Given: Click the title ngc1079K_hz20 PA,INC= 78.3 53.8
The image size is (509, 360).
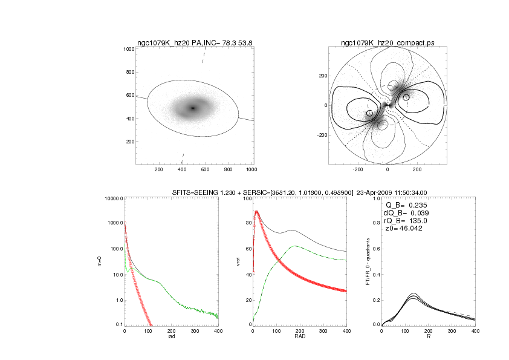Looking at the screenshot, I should coord(195,43).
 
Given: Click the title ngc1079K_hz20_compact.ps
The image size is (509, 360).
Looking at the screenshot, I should coord(387,43).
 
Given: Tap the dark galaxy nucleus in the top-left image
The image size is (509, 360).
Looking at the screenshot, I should coord(193,108).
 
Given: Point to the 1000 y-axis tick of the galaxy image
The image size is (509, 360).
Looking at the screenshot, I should coord(128,49).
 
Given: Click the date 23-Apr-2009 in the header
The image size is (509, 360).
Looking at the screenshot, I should coord(378,192).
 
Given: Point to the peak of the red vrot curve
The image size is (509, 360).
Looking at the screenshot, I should coord(256,212).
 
